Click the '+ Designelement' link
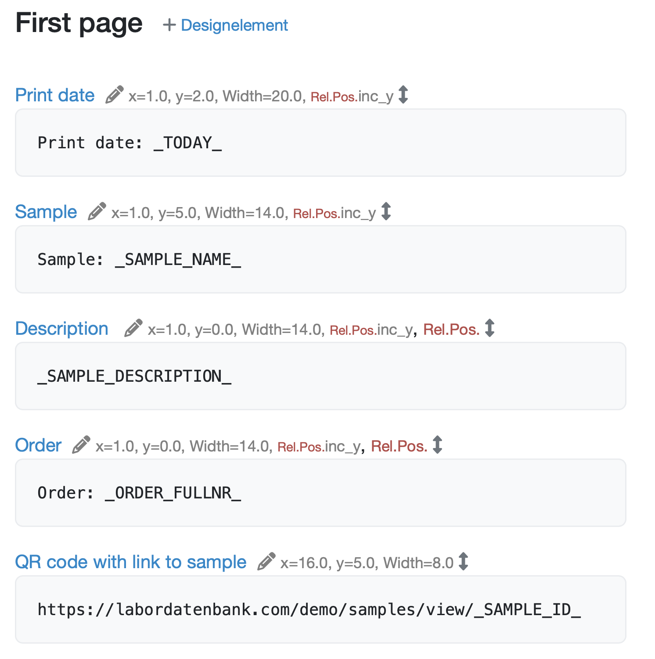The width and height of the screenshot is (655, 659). (225, 25)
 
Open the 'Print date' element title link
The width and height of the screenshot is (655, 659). (55, 95)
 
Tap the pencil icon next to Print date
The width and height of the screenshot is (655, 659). (115, 95)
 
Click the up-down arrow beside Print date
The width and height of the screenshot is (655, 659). (403, 95)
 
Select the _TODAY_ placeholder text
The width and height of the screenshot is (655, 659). (187, 143)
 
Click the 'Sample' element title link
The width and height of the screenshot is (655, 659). (46, 212)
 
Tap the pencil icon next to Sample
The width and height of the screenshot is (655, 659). (97, 211)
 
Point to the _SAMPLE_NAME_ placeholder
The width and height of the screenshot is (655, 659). (178, 260)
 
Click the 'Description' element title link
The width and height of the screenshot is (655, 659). (62, 329)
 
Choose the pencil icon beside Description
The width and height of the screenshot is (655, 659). (133, 328)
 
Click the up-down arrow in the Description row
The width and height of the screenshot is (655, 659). (489, 328)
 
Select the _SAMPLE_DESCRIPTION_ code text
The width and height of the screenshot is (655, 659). (134, 376)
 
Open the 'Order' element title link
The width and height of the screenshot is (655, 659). (38, 445)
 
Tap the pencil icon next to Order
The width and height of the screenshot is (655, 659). (82, 445)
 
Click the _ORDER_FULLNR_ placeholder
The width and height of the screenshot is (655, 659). (173, 493)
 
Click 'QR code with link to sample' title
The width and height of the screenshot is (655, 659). (131, 562)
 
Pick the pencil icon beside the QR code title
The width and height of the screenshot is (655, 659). (266, 562)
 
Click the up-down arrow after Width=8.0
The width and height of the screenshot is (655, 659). (463, 562)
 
